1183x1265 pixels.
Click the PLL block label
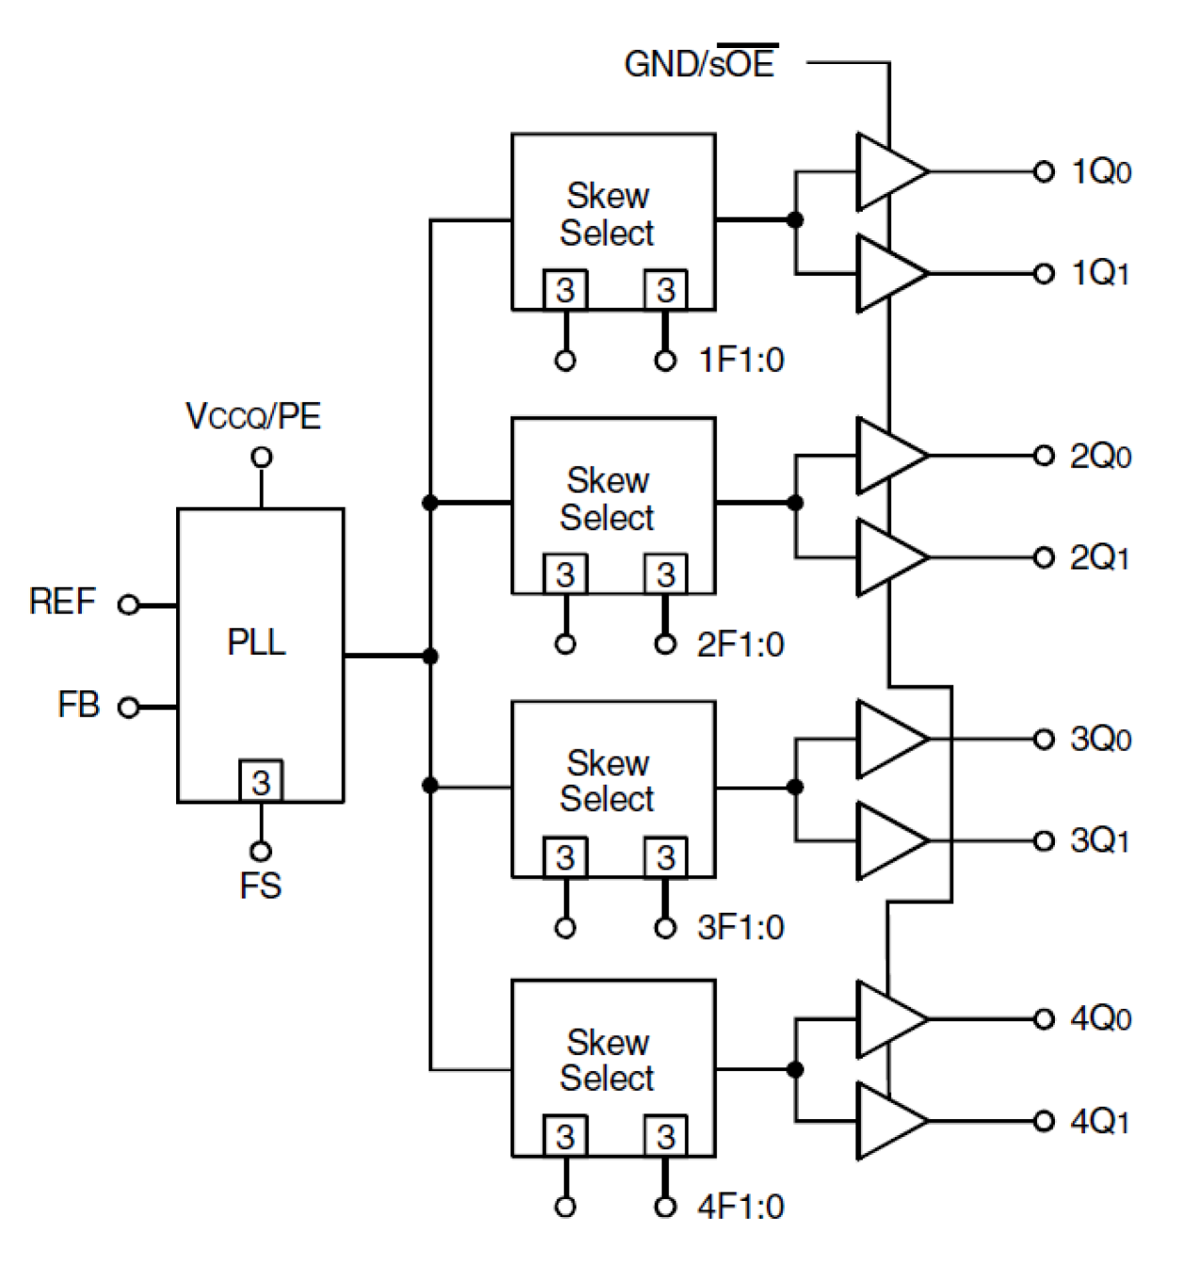pos(256,642)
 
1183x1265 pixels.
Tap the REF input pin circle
pos(128,605)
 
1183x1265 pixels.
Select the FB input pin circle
pos(128,706)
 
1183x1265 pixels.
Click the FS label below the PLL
pos(260,886)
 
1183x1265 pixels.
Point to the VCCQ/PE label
pos(253,416)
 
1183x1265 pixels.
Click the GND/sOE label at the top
pos(700,64)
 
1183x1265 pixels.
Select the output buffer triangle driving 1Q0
pos(888,172)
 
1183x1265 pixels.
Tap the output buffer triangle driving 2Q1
pos(888,558)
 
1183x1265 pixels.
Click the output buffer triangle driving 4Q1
pos(888,1121)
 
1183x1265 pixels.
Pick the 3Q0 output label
pos(1100,739)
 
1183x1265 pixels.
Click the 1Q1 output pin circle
pos(1044,274)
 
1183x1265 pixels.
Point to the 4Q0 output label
pos(1100,1019)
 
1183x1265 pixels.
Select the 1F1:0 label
pos(741,360)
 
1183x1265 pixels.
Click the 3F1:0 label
pos(740,927)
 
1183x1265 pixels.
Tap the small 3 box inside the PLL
pos(261,782)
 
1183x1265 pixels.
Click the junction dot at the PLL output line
pos(430,656)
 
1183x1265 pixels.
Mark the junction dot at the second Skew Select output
pos(795,503)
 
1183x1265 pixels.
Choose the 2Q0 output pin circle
pos(1044,456)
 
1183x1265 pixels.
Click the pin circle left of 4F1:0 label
pos(665,1207)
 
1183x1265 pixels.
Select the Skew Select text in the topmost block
pos(608,215)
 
